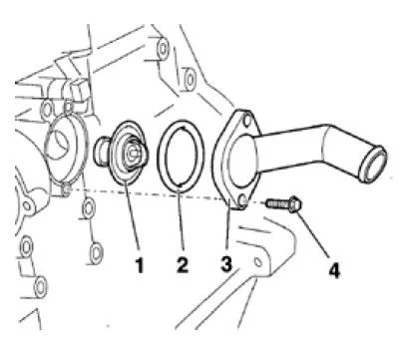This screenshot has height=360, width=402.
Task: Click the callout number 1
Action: point(140,265)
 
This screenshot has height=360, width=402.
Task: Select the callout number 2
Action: point(183,264)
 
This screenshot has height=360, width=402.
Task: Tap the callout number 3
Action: point(225,263)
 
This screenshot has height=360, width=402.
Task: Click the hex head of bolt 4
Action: point(294,204)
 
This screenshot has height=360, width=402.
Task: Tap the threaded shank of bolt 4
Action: point(277,202)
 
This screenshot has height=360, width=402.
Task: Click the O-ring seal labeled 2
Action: point(180,157)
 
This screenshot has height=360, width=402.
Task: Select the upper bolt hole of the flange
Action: point(246,121)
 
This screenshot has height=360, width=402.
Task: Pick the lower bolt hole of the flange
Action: point(243,200)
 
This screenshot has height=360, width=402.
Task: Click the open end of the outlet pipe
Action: point(375,165)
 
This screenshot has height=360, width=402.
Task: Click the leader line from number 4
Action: point(312,234)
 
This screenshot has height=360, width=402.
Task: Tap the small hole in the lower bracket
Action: point(257,262)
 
